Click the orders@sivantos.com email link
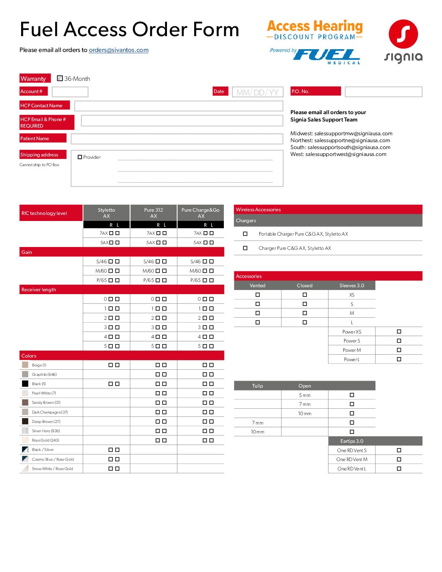click(x=119, y=50)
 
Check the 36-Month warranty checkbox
click(x=60, y=78)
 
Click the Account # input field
click(x=70, y=92)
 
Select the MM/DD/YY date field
click(x=258, y=92)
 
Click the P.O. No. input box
click(x=383, y=92)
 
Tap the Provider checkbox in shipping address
click(x=80, y=157)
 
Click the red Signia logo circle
click(x=403, y=34)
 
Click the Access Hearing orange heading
click(x=315, y=26)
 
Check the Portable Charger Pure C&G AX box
click(x=245, y=234)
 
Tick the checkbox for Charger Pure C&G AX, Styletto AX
click(x=245, y=248)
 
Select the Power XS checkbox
click(x=399, y=332)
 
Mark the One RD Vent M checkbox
click(x=399, y=459)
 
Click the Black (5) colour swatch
click(x=25, y=383)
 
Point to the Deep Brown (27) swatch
click(x=25, y=421)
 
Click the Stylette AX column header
click(x=106, y=213)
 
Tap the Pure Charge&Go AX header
click(x=201, y=213)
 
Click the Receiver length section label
click(x=39, y=290)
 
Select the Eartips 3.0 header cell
click(x=352, y=441)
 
